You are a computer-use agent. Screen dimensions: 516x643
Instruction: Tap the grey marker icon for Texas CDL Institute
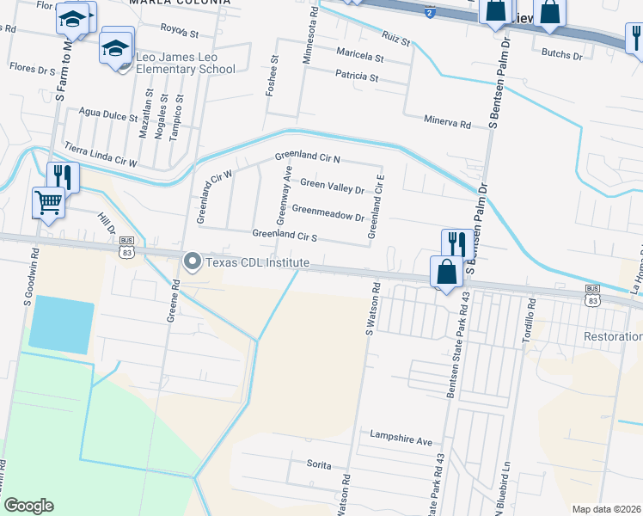(x=191, y=261)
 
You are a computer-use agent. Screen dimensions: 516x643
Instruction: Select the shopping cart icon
(x=49, y=204)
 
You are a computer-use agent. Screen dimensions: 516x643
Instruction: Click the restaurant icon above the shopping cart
(x=62, y=177)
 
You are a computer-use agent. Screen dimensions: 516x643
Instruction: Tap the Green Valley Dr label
(x=332, y=185)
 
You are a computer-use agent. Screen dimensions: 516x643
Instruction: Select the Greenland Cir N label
(x=308, y=158)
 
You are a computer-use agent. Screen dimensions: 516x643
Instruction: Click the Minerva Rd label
(x=447, y=124)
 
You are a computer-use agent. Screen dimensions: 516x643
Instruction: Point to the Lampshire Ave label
(x=401, y=439)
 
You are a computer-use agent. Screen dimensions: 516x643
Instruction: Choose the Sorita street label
(x=319, y=464)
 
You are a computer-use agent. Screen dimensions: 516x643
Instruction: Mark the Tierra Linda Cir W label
(x=101, y=154)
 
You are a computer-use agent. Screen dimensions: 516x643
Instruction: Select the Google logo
(x=28, y=506)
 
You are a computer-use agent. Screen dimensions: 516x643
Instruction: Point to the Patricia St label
(x=357, y=77)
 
